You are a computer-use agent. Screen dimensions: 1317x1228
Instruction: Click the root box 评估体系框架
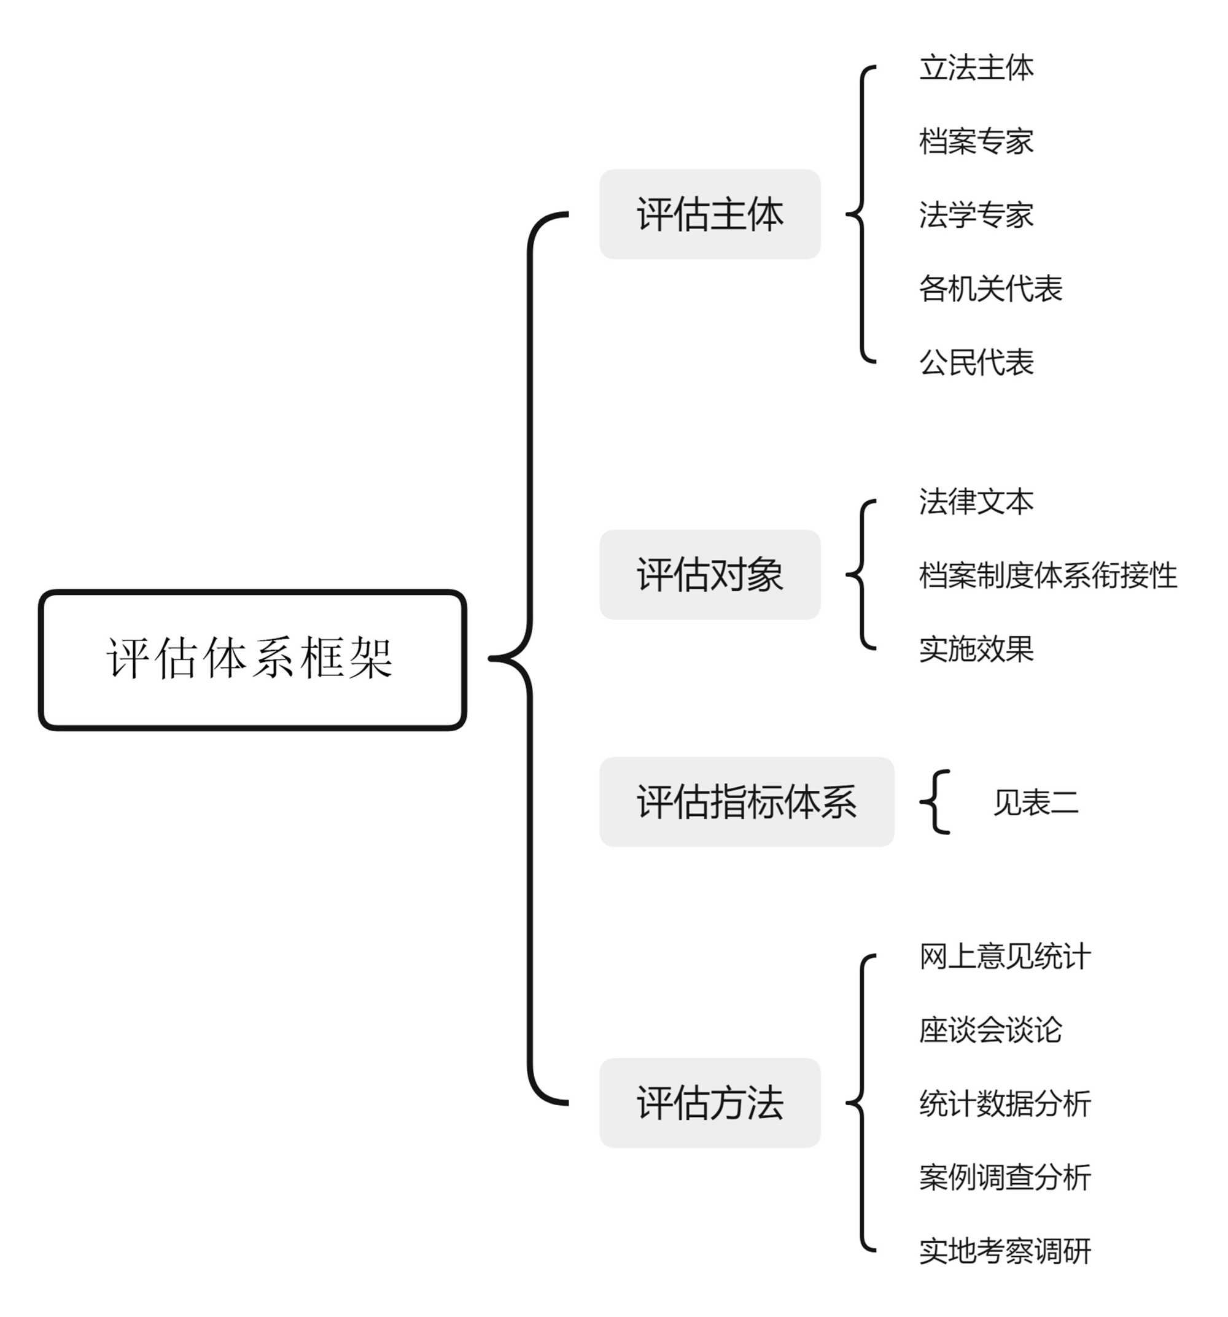coord(252,659)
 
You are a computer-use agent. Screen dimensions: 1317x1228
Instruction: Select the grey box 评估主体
coord(709,214)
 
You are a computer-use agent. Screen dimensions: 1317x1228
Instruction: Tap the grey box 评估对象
coord(709,574)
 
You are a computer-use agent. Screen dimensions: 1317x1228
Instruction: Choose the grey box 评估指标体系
coord(746,802)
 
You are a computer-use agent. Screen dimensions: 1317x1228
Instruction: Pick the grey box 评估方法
coord(709,1102)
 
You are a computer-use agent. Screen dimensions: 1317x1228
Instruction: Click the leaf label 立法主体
coord(976,68)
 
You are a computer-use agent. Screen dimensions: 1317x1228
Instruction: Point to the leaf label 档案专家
coord(976,141)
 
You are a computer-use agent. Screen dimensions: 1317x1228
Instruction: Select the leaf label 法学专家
coord(976,215)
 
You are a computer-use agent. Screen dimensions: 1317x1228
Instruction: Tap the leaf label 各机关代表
coord(990,288)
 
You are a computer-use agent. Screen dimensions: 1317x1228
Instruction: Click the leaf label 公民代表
coord(976,362)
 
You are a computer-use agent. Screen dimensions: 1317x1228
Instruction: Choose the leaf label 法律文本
coord(976,502)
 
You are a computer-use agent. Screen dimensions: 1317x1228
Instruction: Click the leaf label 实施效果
coord(976,648)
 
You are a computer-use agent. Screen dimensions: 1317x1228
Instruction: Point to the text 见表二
coord(1035,802)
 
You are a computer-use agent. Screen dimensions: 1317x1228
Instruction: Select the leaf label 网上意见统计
coord(1004,956)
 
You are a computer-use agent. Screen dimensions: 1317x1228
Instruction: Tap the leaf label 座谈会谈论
coord(990,1030)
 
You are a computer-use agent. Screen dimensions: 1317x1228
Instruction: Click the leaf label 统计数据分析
coord(1004,1103)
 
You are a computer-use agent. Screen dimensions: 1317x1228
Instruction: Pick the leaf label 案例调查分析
coord(1004,1176)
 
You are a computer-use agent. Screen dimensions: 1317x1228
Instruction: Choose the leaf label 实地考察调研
coord(1004,1250)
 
